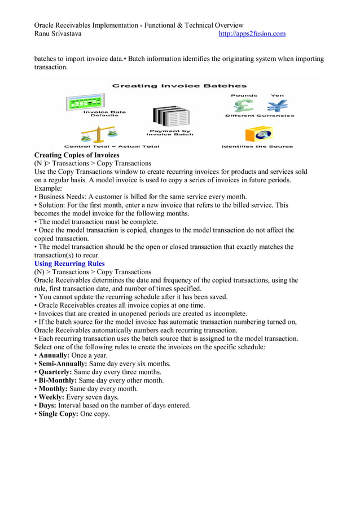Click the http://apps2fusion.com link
252,34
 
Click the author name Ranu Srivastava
58,34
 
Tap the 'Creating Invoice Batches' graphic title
179,86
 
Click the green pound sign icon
244,106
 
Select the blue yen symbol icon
277,106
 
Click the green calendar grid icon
83,102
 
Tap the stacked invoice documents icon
170,117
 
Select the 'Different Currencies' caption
260,116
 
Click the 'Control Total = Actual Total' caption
112,147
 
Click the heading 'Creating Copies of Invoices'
77,155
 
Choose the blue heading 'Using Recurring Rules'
69,264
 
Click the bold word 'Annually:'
54,356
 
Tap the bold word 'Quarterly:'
56,372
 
